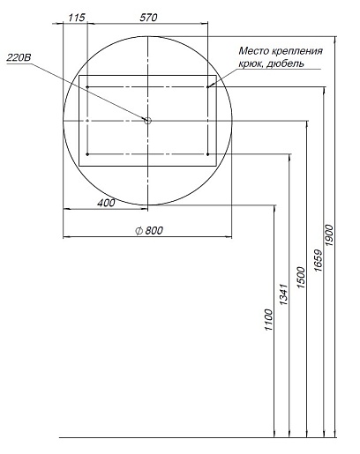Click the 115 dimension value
tap(77, 18)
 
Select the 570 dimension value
tap(148, 18)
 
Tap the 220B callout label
tap(19, 57)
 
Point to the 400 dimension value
tap(106, 203)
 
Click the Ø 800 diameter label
tap(149, 230)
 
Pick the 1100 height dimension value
tap(268, 320)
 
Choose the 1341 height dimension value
tap(283, 294)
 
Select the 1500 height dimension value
tap(301, 278)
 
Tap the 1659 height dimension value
tap(318, 260)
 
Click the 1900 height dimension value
tap(329, 235)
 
